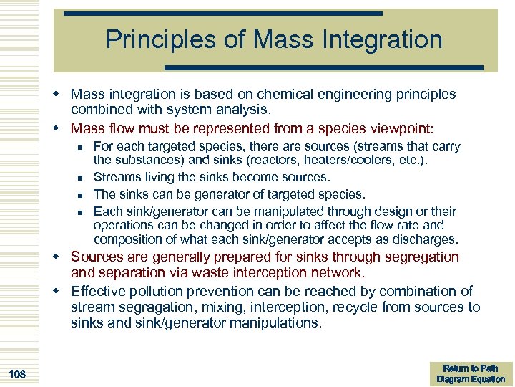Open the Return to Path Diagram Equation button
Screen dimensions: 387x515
coord(470,373)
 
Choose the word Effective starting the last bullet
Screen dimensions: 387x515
coord(99,290)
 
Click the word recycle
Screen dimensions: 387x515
coord(347,307)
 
